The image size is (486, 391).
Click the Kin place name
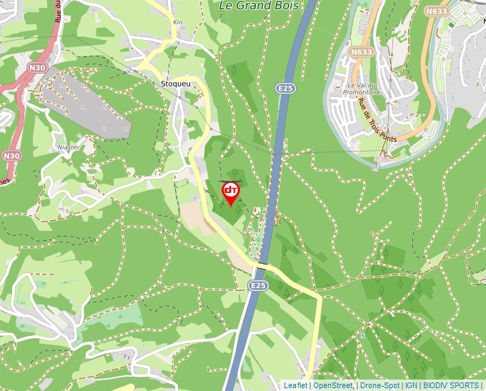pyautogui.click(x=178, y=22)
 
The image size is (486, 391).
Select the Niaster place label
pyautogui.click(x=67, y=147)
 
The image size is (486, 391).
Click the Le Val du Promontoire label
pyautogui.click(x=362, y=88)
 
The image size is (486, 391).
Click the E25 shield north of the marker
pyautogui.click(x=286, y=88)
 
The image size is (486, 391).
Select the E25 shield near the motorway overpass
pyautogui.click(x=258, y=285)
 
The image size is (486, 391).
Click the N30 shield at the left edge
pyautogui.click(x=11, y=155)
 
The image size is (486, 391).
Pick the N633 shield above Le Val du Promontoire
pyautogui.click(x=362, y=52)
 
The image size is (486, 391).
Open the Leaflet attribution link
pyautogui.click(x=295, y=385)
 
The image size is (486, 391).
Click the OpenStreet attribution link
pyautogui.click(x=332, y=385)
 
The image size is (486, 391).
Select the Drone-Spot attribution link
pyautogui.click(x=380, y=385)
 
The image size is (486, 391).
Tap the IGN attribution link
pyautogui.click(x=411, y=385)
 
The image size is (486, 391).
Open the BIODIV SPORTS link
pyautogui.click(x=450, y=385)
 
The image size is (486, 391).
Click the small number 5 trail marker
pyautogui.click(x=362, y=335)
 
